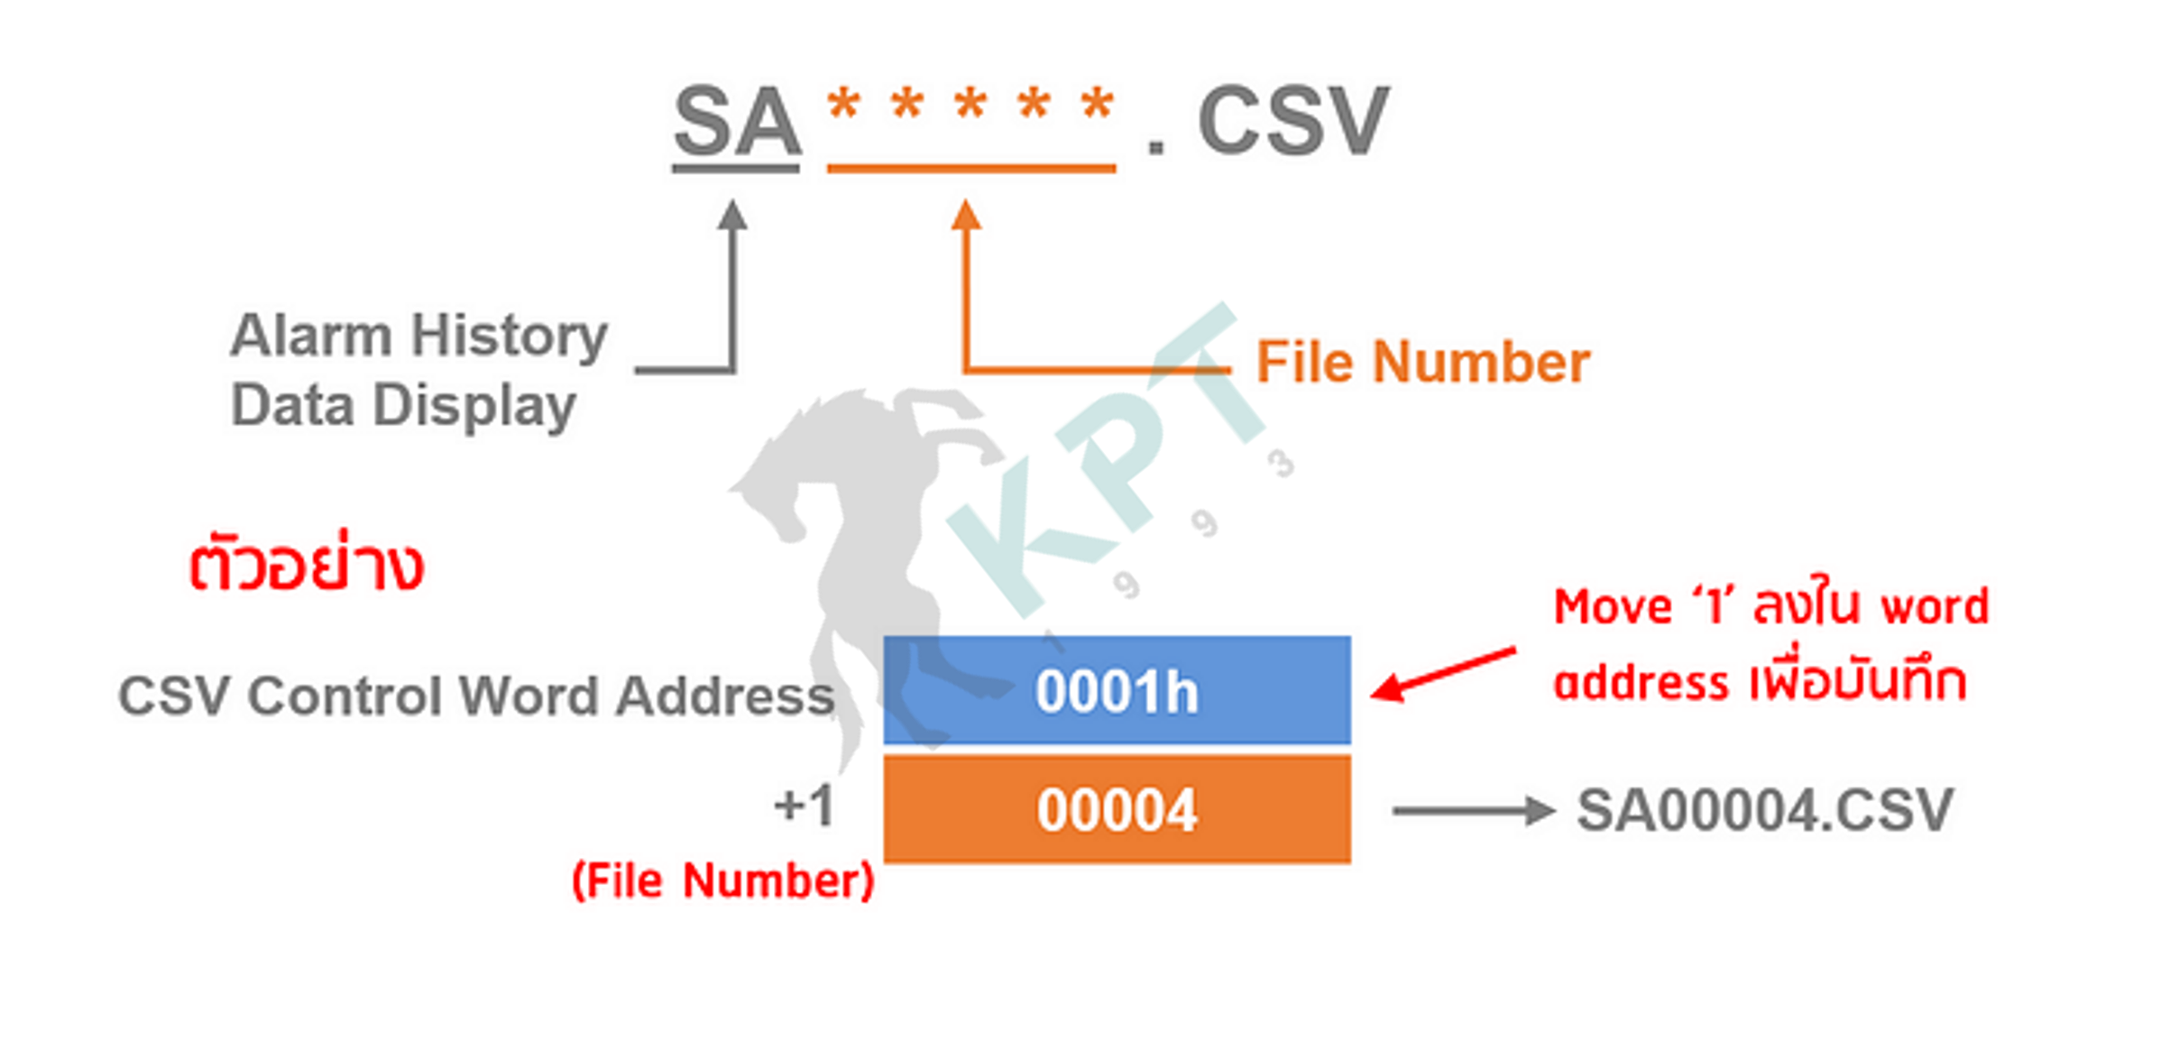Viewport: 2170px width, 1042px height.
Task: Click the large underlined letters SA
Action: point(737,121)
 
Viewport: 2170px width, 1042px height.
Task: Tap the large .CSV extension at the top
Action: point(1267,121)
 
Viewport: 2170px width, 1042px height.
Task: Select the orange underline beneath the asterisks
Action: point(971,168)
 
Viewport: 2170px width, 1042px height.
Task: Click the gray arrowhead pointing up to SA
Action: point(733,214)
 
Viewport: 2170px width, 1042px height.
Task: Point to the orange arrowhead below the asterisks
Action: point(966,214)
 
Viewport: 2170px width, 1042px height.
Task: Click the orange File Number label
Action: point(1422,363)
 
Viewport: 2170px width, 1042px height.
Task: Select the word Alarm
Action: point(310,336)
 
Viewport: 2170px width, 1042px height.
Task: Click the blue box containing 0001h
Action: point(1117,690)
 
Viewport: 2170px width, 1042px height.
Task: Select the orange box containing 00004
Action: point(1117,809)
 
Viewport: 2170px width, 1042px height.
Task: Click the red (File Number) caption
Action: point(723,881)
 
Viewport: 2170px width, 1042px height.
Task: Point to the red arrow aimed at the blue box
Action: point(1443,673)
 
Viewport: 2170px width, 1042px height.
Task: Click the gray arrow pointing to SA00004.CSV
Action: point(1474,810)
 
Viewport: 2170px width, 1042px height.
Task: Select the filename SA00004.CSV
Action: point(1765,810)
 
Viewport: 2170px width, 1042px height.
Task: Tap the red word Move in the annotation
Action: point(1613,606)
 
